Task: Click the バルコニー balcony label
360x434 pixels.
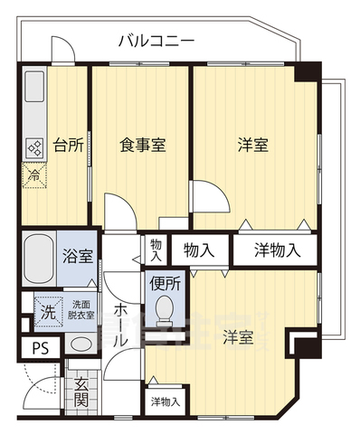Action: click(x=156, y=42)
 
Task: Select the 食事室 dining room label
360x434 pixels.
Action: click(x=140, y=145)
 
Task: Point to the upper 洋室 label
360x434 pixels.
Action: click(x=252, y=145)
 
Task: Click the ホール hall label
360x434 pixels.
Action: click(x=121, y=322)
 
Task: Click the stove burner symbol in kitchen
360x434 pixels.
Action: click(x=34, y=148)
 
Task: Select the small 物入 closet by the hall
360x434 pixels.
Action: click(x=156, y=249)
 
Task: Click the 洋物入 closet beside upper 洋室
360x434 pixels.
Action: click(x=277, y=249)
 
